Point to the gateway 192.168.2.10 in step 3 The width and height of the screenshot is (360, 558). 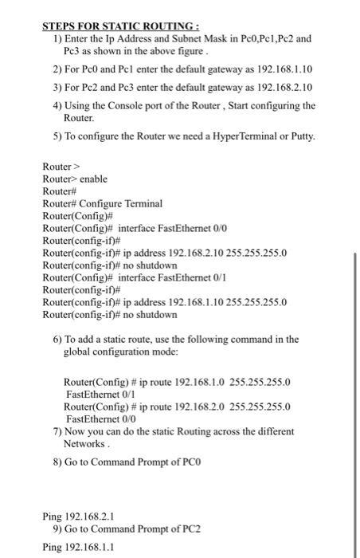pyautogui.click(x=280, y=87)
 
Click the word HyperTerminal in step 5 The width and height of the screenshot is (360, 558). pyautogui.click(x=241, y=136)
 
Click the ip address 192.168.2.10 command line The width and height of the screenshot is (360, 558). pyautogui.click(x=204, y=253)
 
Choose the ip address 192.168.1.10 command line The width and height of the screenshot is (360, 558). pyautogui.click(x=204, y=303)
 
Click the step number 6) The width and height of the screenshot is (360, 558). pyautogui.click(x=58, y=340)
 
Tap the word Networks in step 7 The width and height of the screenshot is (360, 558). pyautogui.click(x=83, y=443)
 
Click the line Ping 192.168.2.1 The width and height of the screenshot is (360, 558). pyautogui.click(x=83, y=517)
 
